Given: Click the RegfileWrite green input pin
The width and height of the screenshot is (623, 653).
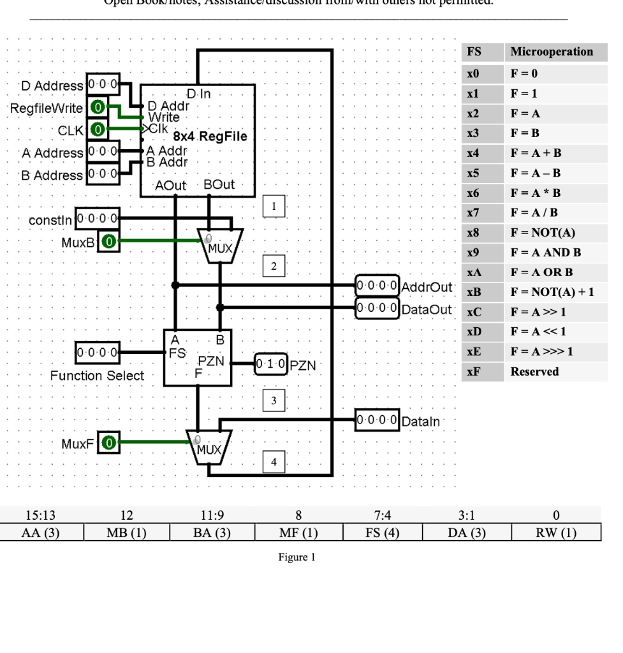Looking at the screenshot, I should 97,107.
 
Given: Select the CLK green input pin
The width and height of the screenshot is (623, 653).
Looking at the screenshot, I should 97,129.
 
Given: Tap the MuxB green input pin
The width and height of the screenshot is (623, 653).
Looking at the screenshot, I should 109,241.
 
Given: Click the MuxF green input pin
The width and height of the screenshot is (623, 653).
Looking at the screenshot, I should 109,442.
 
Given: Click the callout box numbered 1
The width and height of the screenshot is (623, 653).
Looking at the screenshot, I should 274,207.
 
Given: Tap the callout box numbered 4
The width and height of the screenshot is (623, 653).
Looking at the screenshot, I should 274,462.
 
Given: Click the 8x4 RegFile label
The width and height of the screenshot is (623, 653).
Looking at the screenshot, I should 205,136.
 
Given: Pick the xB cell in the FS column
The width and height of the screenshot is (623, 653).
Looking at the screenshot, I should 473,291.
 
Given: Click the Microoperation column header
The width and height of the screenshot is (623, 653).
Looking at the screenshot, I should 551,52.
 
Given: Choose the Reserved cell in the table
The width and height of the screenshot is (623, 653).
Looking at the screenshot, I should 534,371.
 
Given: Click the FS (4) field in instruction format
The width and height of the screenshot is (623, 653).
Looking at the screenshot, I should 383,533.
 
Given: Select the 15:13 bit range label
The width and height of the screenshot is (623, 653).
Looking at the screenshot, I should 42,515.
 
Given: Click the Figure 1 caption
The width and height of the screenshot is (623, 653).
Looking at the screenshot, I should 297,557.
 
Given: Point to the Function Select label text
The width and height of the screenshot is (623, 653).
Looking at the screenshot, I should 97,376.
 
